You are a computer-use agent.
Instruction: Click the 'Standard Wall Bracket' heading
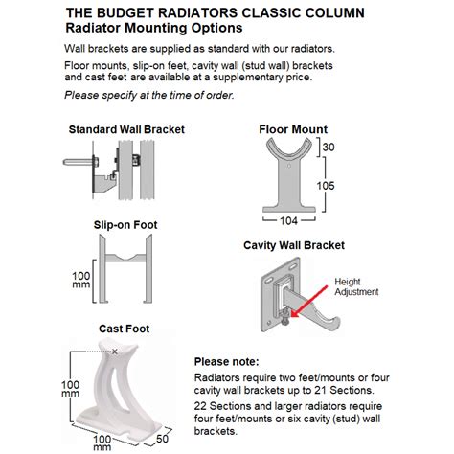point(125,129)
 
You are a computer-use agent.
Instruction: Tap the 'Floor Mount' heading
point(292,129)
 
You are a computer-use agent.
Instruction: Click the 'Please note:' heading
point(227,362)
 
